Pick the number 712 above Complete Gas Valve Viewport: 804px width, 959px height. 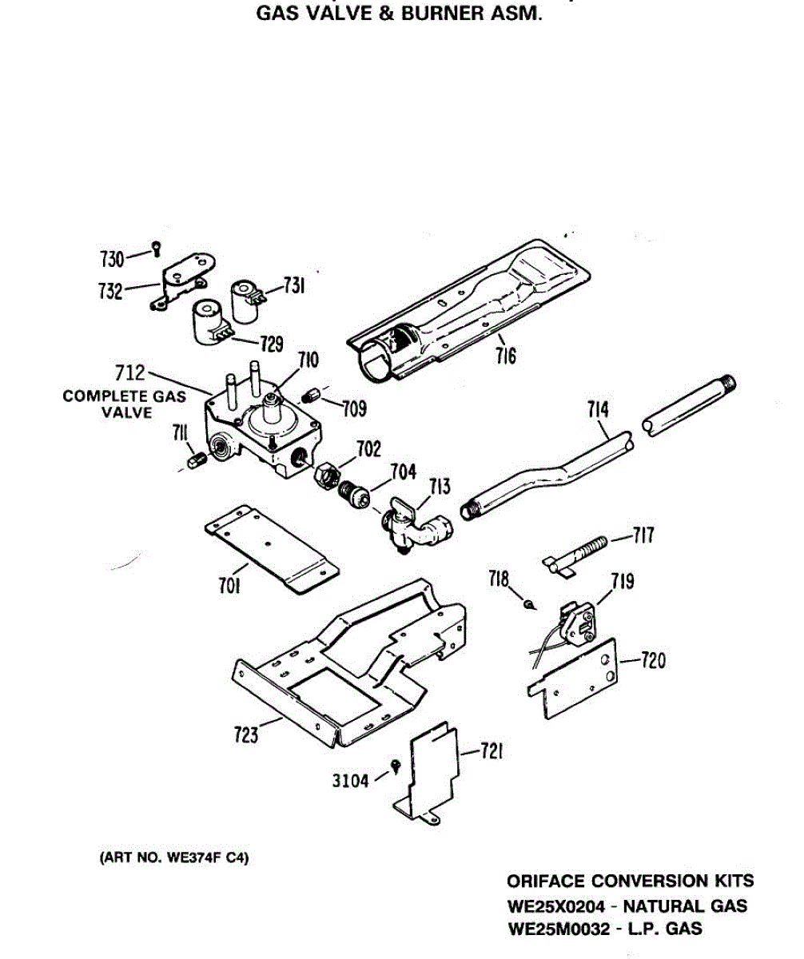pyautogui.click(x=130, y=372)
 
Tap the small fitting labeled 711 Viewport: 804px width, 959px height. pyautogui.click(x=196, y=461)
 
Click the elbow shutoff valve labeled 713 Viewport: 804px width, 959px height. pyautogui.click(x=416, y=526)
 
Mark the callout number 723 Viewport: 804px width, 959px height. pyautogui.click(x=246, y=732)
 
